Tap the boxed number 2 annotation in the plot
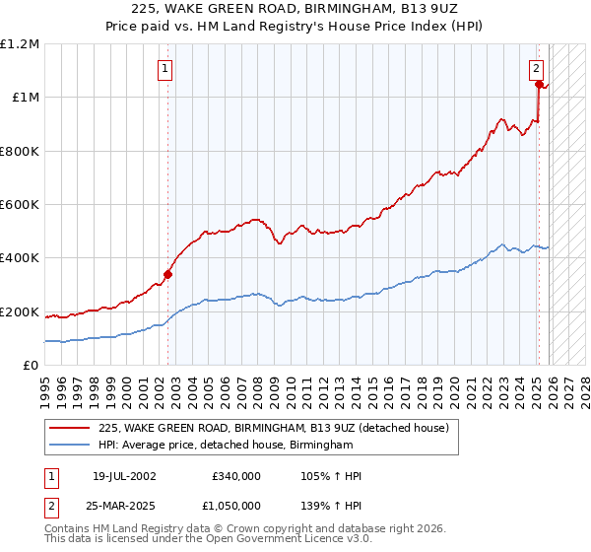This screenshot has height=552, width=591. coord(536,69)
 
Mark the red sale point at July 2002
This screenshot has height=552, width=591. coord(167,274)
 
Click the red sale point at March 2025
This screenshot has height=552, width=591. coord(540,85)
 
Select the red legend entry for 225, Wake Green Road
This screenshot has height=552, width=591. coord(274,428)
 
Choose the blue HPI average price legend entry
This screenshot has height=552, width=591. coord(226,446)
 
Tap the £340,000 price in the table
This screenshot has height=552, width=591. coord(236,476)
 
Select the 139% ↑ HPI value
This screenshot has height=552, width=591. coord(332,504)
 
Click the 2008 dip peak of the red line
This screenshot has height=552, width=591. coord(255,219)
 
